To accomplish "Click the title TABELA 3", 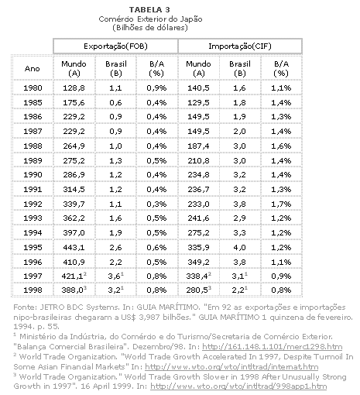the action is (x=149, y=10).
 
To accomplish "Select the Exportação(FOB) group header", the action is (x=115, y=46).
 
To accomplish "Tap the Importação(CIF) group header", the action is (x=240, y=46).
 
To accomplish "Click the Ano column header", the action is (x=33, y=69).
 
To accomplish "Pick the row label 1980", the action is (x=33, y=88).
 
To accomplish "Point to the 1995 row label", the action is (x=33, y=247).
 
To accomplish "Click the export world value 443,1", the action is (x=74, y=247).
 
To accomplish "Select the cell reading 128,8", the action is (x=74, y=88).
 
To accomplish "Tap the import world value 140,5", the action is (x=198, y=88).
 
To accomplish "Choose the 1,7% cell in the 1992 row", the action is (x=281, y=204).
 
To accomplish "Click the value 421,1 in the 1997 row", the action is (x=72, y=276).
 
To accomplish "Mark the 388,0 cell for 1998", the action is (x=72, y=290).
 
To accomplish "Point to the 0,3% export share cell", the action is (x=156, y=204).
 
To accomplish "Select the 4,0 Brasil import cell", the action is (x=239, y=247).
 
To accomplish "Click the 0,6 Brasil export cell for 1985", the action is (x=115, y=103).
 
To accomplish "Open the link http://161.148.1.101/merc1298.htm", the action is (x=273, y=346).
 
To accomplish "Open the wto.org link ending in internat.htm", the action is (x=231, y=366).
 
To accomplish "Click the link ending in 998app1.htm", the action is (x=238, y=386).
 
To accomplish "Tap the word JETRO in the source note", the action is (x=53, y=307).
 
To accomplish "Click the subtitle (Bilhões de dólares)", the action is (x=150, y=28).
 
